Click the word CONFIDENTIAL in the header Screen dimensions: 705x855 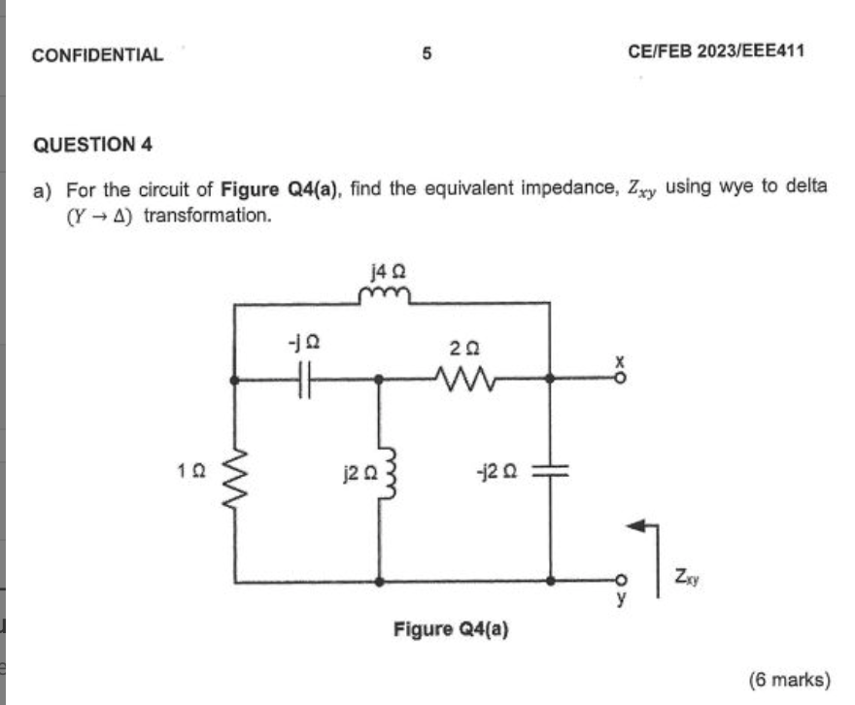tap(97, 55)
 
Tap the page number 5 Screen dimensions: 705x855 tap(426, 54)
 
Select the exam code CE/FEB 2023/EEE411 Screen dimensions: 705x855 tap(716, 51)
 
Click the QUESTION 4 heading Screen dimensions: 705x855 tap(93, 145)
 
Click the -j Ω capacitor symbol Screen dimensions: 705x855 tap(304, 381)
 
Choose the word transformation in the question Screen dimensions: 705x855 tap(207, 215)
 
